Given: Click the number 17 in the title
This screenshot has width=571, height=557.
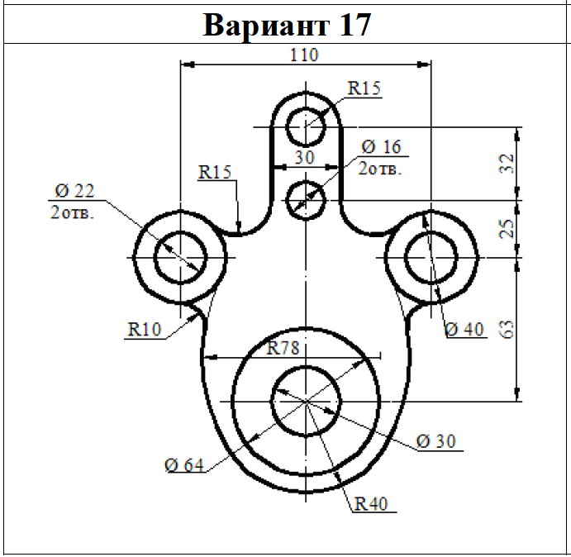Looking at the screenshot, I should pyautogui.click(x=354, y=25).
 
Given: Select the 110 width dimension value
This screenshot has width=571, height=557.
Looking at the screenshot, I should pyautogui.click(x=304, y=55).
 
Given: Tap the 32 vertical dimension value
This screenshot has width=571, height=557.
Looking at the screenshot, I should pyautogui.click(x=507, y=164).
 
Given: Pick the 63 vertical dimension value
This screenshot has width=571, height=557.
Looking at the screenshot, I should pyautogui.click(x=507, y=329).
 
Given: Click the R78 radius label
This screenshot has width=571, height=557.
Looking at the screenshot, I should pyautogui.click(x=283, y=348).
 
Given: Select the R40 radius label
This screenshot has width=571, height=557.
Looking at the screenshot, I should pyautogui.click(x=371, y=503).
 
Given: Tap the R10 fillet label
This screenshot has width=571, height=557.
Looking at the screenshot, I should pyautogui.click(x=145, y=329).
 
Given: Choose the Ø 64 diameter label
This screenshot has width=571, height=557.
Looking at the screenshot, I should pyautogui.click(x=184, y=465).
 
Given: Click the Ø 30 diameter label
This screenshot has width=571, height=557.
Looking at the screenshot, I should pyautogui.click(x=435, y=441).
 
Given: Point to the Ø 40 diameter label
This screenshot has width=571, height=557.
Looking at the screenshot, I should pyautogui.click(x=464, y=329).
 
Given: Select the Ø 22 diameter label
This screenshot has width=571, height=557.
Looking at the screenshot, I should pyautogui.click(x=74, y=191).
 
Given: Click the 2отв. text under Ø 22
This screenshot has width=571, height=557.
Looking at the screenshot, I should pyautogui.click(x=72, y=212).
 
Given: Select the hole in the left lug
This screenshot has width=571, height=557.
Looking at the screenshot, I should pyautogui.click(x=180, y=257).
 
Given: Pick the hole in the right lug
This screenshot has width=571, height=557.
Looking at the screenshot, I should pyautogui.click(x=431, y=257).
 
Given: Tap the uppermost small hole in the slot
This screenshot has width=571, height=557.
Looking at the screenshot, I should pyautogui.click(x=306, y=126).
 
